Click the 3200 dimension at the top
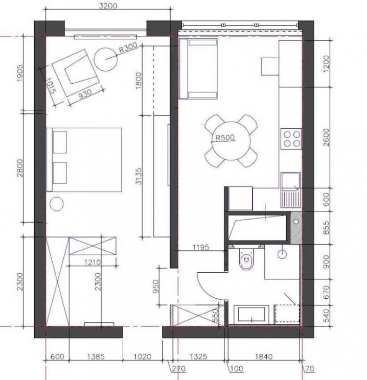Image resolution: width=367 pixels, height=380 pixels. point(108,6)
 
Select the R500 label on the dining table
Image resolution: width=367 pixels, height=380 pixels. point(225,138)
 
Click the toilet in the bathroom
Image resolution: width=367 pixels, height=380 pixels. point(246,259)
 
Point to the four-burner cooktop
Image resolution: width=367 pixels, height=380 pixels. point(291,139)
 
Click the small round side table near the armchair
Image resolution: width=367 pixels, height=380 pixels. point(105,59)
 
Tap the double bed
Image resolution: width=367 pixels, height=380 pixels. point(84,160)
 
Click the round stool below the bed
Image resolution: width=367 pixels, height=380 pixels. point(57,204)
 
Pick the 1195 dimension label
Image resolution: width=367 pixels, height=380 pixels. point(201,247)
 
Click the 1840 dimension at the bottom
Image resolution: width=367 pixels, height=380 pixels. point(264,357)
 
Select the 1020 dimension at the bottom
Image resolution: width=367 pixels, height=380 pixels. point(143,357)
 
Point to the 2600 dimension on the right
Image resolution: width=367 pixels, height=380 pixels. point(327,137)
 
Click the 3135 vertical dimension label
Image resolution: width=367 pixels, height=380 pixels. point(138,176)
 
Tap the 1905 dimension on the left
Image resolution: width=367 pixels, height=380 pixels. point(20,73)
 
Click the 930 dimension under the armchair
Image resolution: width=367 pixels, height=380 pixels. point(85,94)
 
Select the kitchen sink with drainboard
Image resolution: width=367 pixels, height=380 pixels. point(291,190)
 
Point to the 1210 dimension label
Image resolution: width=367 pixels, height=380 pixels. point(93,262)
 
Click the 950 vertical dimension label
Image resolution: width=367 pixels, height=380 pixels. point(156,286)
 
